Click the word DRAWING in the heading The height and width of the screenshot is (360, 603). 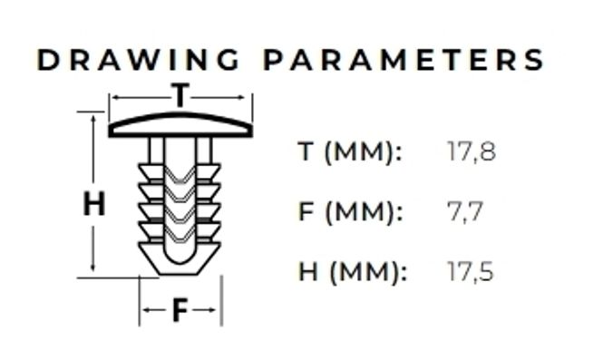pyautogui.click(x=138, y=60)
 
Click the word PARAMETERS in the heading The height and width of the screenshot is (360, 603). pyautogui.click(x=404, y=60)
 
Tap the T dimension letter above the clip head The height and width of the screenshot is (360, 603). pyautogui.click(x=180, y=94)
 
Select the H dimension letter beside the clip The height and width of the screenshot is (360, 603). pyautogui.click(x=93, y=203)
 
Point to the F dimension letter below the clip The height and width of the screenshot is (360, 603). pyautogui.click(x=180, y=309)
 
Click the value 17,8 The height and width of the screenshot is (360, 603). pyautogui.click(x=472, y=151)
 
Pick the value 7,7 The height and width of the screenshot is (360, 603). pyautogui.click(x=465, y=212)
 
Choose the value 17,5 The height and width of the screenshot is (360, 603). pyautogui.click(x=471, y=272)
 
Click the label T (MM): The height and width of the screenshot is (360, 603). pyautogui.click(x=350, y=151)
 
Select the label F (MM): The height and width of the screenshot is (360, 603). pyautogui.click(x=351, y=212)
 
